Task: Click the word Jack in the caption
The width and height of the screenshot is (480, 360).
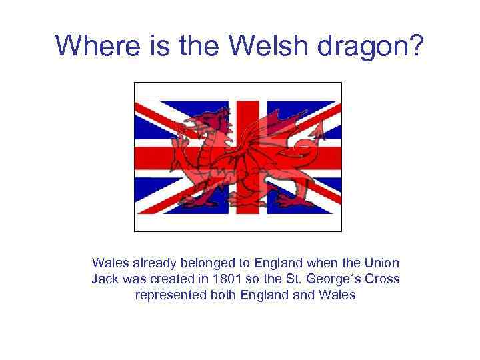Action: click(105, 279)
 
